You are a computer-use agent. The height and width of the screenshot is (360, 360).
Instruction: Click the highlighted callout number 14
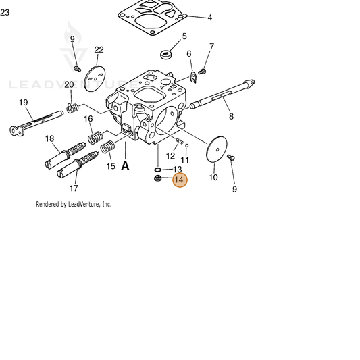(180, 180)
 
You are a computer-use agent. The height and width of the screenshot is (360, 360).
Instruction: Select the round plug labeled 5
(166, 55)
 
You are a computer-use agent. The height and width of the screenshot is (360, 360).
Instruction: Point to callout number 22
(99, 49)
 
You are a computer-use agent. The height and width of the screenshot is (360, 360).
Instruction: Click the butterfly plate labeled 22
(95, 79)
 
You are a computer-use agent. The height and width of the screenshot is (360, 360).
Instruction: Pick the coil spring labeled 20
(72, 108)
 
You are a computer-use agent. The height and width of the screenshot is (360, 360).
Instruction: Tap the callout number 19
(23, 103)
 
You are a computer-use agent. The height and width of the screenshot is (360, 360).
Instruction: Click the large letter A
(125, 165)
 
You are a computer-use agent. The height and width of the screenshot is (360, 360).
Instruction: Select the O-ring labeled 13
(157, 170)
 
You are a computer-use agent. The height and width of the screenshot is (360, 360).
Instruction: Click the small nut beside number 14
(157, 178)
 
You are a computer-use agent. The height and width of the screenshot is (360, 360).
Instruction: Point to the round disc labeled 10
(217, 149)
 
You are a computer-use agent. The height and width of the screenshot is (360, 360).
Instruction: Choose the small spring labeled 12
(179, 141)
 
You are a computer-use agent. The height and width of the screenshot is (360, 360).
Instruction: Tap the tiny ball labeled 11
(187, 145)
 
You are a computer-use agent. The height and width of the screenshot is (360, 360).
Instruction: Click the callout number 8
(231, 116)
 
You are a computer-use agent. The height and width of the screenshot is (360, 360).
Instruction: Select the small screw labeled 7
(202, 72)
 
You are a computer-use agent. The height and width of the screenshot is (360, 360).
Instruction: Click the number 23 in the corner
(5, 12)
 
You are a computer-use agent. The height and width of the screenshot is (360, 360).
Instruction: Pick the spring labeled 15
(107, 147)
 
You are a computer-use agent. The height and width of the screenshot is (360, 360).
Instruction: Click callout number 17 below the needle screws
(74, 188)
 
